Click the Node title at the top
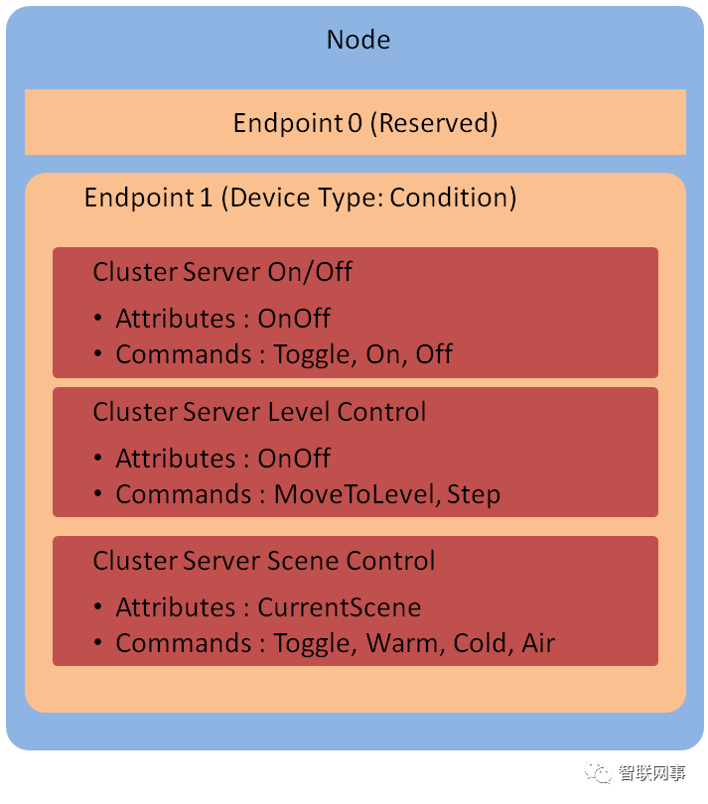click(357, 41)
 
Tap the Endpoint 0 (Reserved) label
click(364, 123)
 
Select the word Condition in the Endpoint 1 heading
click(453, 198)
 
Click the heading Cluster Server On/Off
click(222, 272)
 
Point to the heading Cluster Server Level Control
click(259, 412)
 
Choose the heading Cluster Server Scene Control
click(264, 561)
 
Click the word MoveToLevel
click(354, 494)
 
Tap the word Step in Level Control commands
click(474, 494)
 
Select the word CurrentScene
click(340, 607)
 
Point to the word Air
click(538, 643)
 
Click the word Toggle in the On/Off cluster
click(312, 354)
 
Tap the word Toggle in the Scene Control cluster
click(312, 643)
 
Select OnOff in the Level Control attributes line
click(294, 459)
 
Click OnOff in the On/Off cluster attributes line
click(294, 319)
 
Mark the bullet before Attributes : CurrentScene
click(98, 607)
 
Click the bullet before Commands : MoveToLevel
click(98, 494)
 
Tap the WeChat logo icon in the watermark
click(599, 772)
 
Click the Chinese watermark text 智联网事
click(651, 773)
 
